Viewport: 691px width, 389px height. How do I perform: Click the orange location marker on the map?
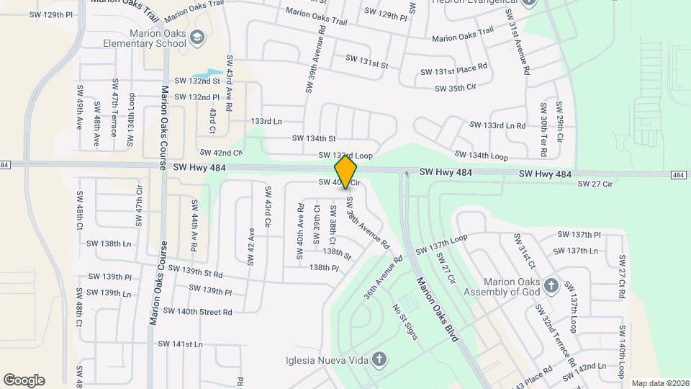(346, 171)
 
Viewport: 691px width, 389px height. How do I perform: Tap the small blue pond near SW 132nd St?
(205, 74)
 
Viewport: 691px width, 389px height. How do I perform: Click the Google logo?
(24, 380)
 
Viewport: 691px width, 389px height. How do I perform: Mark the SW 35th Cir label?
(456, 89)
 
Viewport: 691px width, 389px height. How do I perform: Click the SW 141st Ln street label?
(181, 344)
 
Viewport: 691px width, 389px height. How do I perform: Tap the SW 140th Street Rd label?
(197, 311)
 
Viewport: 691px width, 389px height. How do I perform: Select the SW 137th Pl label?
(579, 235)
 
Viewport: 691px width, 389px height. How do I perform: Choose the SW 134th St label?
(314, 138)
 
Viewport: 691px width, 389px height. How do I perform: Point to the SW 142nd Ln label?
(588, 367)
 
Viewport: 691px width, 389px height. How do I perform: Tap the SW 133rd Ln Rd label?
(497, 125)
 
